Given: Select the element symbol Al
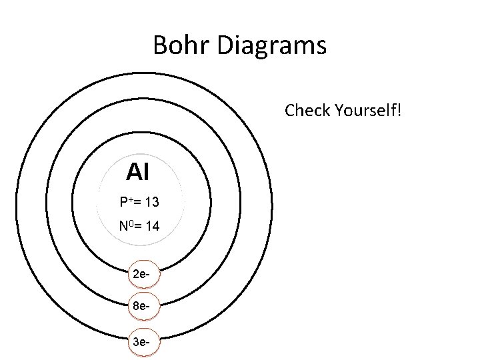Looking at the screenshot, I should (137, 173).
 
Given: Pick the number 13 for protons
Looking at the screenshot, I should (151, 201).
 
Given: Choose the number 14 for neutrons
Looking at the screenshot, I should (151, 227).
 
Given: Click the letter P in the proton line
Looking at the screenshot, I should (123, 201).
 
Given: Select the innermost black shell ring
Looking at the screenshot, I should (210, 200).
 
